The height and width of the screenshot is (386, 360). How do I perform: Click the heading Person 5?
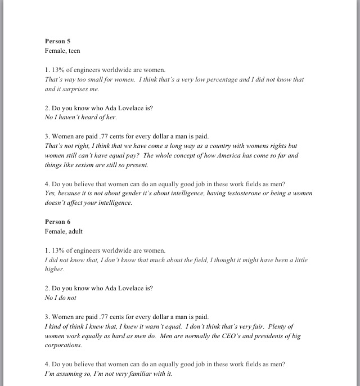[x=57, y=41]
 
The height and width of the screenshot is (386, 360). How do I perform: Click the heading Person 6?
[x=57, y=222]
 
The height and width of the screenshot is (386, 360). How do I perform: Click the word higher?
[x=55, y=269]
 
